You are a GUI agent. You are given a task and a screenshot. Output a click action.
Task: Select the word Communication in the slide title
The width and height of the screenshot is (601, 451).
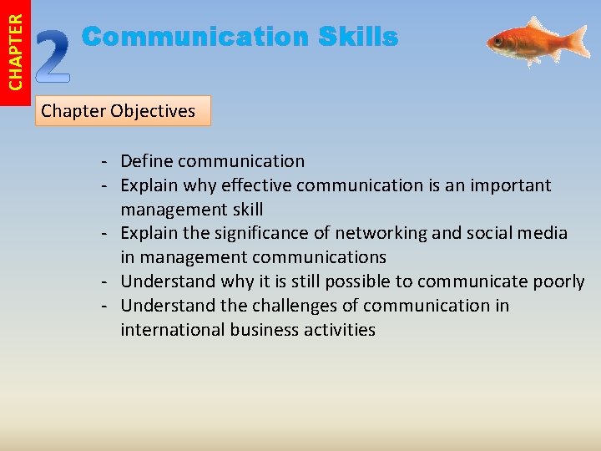pos(195,37)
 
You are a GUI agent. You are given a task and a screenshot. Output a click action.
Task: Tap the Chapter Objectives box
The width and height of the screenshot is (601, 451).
pos(123,110)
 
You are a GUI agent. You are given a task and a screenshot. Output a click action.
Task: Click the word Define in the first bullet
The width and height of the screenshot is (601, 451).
pos(146,161)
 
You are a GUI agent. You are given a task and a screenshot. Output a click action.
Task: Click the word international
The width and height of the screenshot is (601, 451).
pos(172,330)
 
